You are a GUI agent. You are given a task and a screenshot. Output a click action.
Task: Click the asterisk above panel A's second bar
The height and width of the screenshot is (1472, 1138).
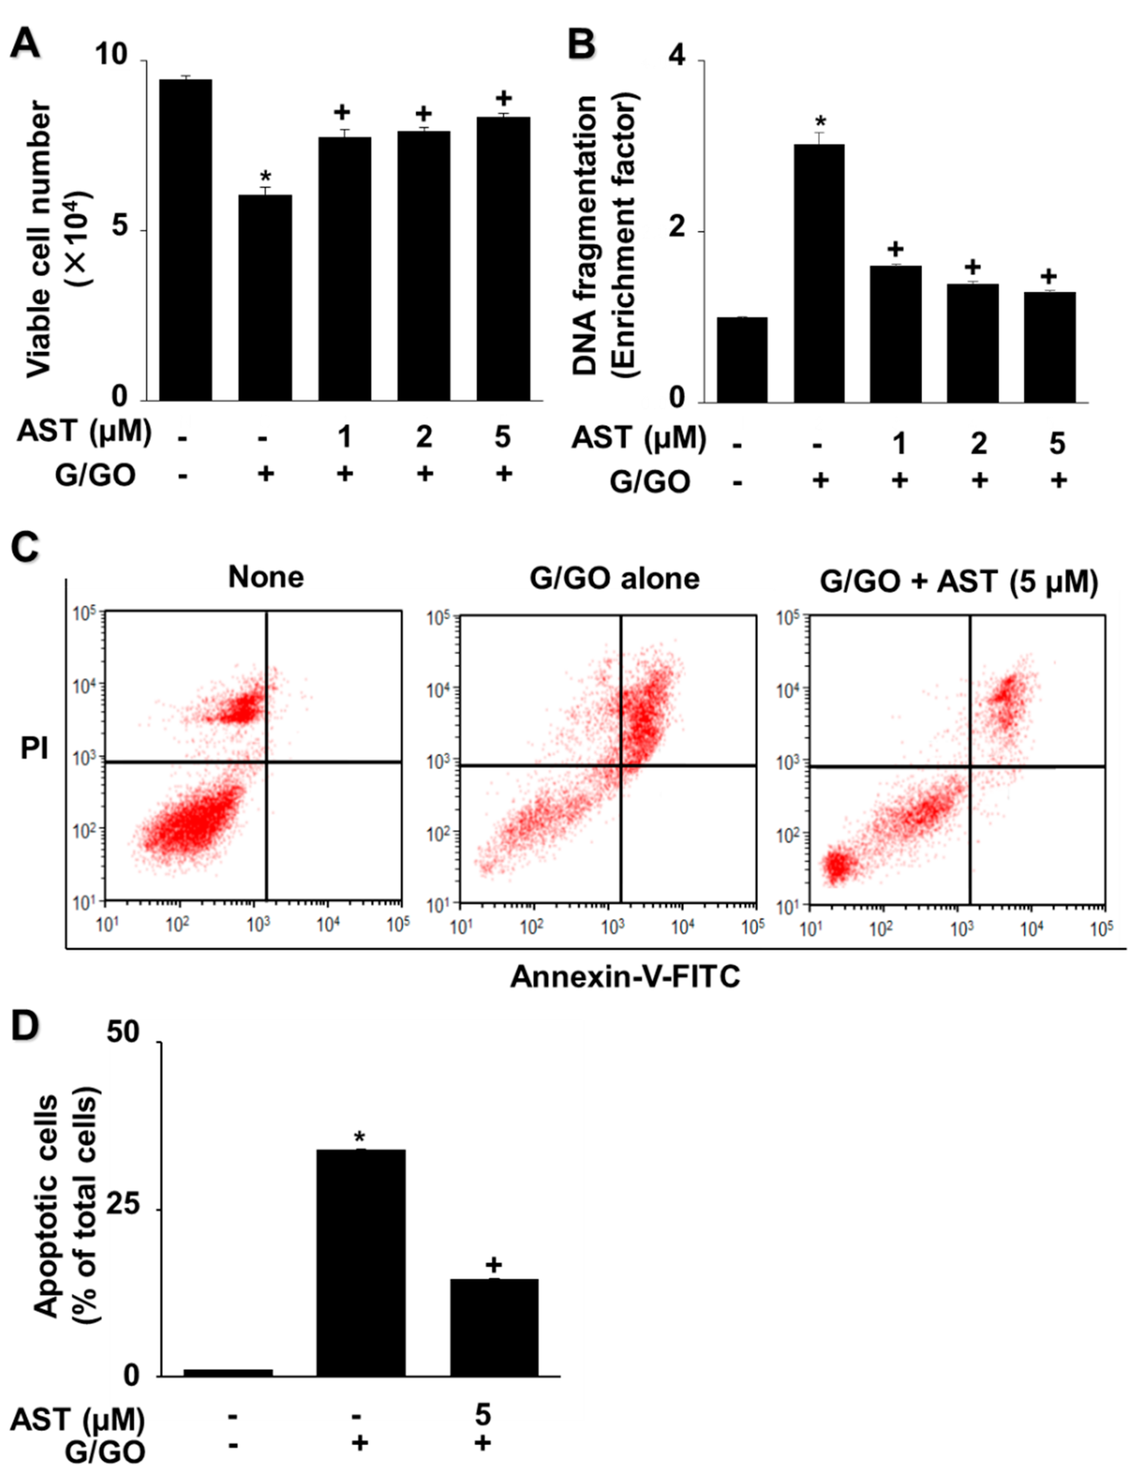(x=266, y=176)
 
